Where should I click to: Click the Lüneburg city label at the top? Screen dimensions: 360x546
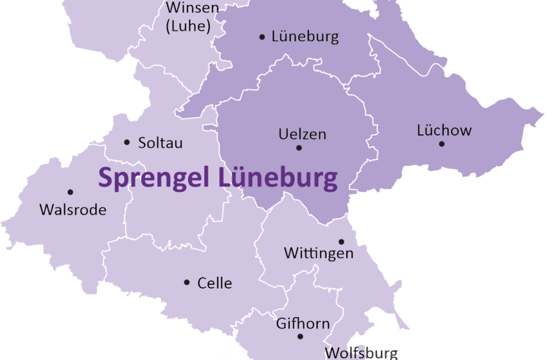305,37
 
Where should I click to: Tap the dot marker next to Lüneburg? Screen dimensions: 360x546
262,37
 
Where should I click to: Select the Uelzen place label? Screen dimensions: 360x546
303,134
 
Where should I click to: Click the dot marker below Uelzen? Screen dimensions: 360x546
299,148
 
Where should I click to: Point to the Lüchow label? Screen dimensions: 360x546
444,130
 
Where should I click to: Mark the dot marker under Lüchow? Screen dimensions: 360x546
442,143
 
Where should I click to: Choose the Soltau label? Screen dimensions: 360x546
161,143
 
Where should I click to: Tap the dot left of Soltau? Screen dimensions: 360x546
127,142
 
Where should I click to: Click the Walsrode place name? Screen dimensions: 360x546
73,210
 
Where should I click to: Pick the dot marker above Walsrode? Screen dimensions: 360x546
70,192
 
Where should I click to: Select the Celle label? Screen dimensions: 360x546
215,283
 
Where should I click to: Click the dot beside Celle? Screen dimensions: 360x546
187,282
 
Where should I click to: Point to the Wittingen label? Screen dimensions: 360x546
319,253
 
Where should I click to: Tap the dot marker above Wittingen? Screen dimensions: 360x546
341,242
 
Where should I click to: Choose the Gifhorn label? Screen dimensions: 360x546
303,323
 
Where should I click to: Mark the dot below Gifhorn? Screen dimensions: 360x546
300,336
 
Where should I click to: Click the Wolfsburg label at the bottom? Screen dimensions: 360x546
361,353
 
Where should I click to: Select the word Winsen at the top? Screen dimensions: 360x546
192,8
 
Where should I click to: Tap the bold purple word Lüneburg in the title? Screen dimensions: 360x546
277,177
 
